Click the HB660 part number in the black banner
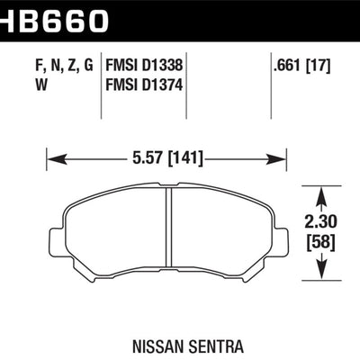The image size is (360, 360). tap(54, 20)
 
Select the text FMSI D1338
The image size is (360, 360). tap(144, 65)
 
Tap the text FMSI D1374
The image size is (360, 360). tap(144, 85)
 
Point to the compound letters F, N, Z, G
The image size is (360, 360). tap(64, 66)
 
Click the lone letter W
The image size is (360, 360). tap(41, 85)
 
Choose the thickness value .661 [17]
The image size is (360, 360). tap(301, 66)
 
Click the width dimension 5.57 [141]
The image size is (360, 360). tap(167, 158)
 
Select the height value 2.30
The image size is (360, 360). tap(320, 222)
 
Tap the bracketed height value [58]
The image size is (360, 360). tap(320, 242)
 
